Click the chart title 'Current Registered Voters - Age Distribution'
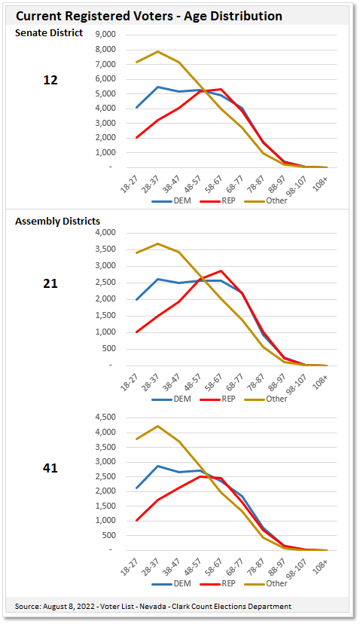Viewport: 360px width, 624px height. coord(149,16)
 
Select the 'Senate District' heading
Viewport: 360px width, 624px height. coord(49,32)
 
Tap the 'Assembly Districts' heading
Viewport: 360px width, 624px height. coord(58,221)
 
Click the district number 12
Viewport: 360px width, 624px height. coord(50,80)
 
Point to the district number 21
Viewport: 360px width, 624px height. coord(50,283)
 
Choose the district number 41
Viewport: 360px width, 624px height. coord(50,468)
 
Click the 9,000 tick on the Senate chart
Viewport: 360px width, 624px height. coord(105,35)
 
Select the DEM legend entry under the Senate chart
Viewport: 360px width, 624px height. coord(169,201)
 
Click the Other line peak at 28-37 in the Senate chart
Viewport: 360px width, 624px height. coord(157,51)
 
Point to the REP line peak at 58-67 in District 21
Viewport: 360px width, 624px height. coord(221,271)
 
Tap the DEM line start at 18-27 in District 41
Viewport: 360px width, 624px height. coord(136,488)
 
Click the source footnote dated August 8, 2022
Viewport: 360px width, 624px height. coord(153,606)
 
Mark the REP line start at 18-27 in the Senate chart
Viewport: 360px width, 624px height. coord(136,137)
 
